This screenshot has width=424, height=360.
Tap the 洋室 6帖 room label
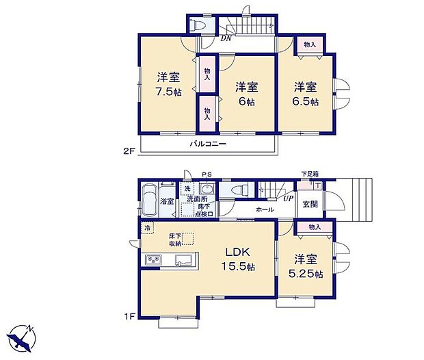tap(248, 93)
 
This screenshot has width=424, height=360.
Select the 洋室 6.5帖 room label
tap(306, 93)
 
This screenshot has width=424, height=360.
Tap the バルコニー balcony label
tap(208, 144)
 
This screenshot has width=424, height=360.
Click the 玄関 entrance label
tap(310, 203)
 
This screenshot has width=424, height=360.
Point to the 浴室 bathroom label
tap(167, 202)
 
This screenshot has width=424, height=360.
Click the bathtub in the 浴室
tap(150, 201)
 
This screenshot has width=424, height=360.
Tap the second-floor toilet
tap(197, 25)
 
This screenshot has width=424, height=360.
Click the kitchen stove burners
tap(152, 260)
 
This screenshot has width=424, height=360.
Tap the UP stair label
tap(290, 199)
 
